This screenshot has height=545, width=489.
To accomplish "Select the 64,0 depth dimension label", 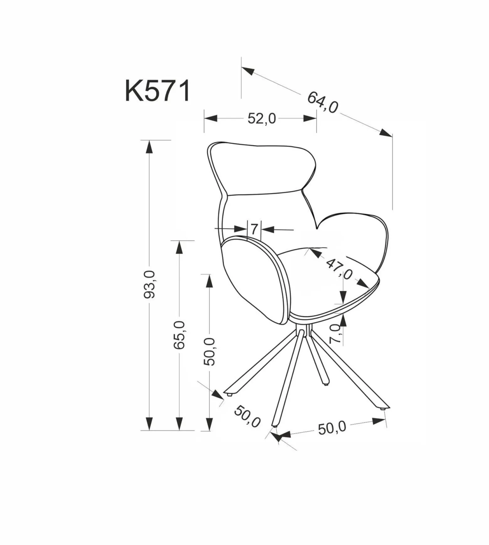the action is (323, 102).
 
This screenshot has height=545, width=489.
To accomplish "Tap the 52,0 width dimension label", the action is (262, 119).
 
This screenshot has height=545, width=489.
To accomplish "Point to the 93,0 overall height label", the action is (150, 284).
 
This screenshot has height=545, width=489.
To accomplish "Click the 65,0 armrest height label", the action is (180, 335).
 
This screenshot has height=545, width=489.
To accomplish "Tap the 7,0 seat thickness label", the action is (335, 334).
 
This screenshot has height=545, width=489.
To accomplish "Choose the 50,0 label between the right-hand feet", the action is (332, 428).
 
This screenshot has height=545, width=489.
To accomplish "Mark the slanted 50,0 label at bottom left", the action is (247, 416).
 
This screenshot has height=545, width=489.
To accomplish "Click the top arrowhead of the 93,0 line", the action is (150, 147).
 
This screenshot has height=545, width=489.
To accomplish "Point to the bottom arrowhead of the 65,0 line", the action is (179, 424).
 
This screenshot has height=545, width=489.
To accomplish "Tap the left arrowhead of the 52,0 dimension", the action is (211, 118).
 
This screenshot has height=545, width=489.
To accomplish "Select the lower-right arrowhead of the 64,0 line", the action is (386, 133).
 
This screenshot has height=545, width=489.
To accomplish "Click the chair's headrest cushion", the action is (263, 169).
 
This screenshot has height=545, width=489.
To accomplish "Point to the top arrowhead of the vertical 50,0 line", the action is (209, 281).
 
